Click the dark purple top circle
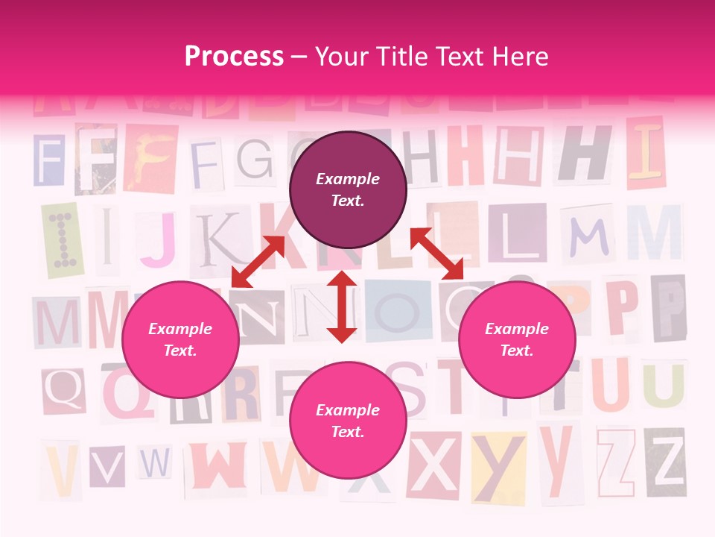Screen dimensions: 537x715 348,190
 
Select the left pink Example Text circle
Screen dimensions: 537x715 180,339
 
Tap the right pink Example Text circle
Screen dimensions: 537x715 517,339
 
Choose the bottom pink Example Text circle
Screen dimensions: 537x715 348,421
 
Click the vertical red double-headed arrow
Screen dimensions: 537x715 342,307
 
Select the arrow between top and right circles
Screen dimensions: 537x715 436,254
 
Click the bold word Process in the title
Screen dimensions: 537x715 234,57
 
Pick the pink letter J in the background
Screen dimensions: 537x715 158,238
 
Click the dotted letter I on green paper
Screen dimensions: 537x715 60,239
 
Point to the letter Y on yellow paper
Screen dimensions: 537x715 498,467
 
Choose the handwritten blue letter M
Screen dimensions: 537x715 587,236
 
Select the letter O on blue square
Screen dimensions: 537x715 398,310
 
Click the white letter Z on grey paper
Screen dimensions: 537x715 666,462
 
